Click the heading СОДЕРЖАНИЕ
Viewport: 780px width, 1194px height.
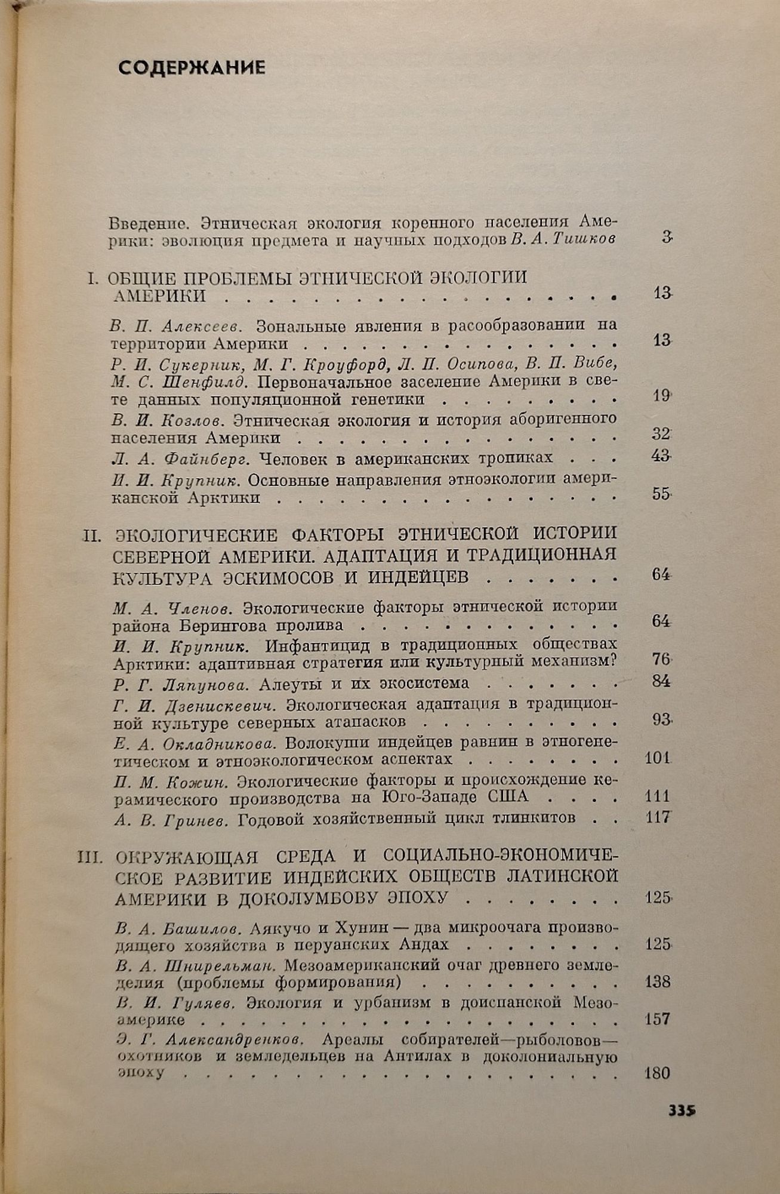pos(192,67)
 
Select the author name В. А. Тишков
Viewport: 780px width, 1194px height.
pos(563,241)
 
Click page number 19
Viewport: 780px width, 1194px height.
pos(661,395)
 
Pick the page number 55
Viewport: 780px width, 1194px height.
pos(661,494)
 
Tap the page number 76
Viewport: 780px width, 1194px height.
pos(661,659)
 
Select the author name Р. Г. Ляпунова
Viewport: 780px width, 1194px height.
pos(176,684)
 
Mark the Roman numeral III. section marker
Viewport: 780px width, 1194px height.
pos(91,858)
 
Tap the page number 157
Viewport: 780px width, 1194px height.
pos(658,1018)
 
